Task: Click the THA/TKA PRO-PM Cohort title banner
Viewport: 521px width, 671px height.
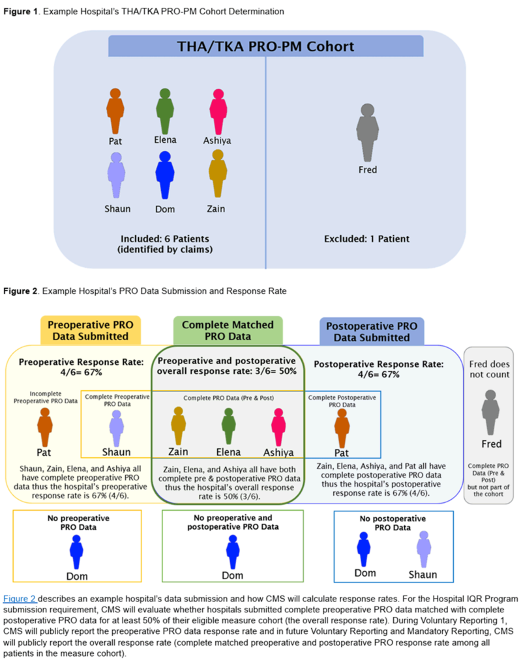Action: tap(266, 47)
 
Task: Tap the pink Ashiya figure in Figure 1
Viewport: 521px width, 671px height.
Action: tap(216, 110)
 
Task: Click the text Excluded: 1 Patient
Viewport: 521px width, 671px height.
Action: tap(366, 239)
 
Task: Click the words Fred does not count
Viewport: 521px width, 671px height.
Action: tap(491, 371)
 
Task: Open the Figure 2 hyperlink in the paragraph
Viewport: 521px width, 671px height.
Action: tap(20, 599)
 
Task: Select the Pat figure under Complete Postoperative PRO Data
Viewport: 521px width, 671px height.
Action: tap(341, 427)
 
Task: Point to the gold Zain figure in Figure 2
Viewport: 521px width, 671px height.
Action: tap(178, 427)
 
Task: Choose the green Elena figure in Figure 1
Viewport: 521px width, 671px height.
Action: tap(164, 110)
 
